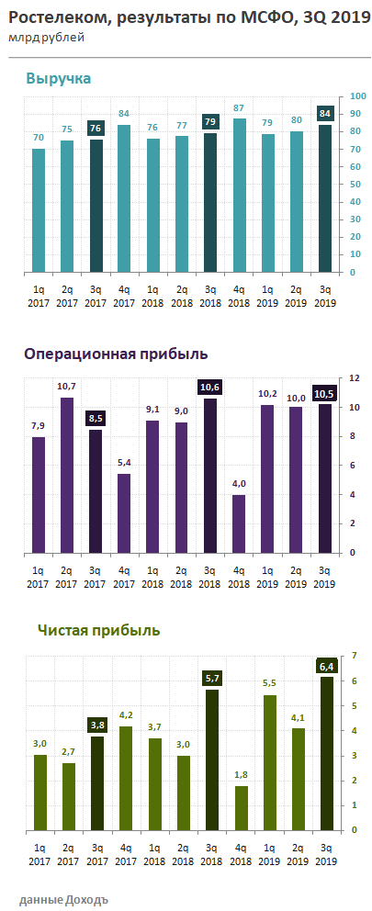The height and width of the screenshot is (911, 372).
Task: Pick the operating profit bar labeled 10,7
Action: [67, 475]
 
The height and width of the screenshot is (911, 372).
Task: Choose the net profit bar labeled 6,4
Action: [326, 753]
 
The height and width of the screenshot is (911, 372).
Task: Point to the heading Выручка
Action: [59, 79]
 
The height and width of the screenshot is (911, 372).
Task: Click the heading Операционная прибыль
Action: [116, 354]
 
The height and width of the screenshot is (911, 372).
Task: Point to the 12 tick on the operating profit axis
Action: [355, 378]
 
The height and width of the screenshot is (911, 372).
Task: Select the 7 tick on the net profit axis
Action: [353, 656]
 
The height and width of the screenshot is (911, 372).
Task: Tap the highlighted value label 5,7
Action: [211, 679]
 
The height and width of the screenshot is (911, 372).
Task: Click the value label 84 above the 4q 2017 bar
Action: [124, 114]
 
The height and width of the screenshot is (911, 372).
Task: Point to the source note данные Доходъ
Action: [63, 898]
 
